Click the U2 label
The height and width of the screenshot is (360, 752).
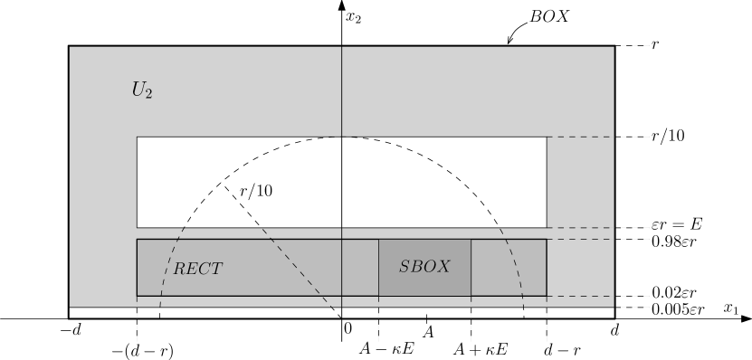point(142,90)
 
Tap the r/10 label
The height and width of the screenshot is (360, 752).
point(255,191)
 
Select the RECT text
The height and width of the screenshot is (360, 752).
point(197,269)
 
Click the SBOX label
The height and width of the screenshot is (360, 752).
point(424,267)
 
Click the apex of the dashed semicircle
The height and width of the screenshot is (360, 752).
point(342,137)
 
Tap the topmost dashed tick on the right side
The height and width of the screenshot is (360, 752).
point(635,45)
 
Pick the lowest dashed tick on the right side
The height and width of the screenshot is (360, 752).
point(635,307)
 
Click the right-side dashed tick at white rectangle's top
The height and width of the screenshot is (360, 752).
point(599,137)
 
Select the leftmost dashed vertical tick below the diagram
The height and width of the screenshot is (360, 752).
point(137,327)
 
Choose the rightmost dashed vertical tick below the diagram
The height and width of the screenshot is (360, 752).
point(547,327)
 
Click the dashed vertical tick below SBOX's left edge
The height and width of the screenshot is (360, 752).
point(378,327)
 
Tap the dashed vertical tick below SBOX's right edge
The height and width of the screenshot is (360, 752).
point(471,327)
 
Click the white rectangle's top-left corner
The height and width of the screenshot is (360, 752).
point(137,137)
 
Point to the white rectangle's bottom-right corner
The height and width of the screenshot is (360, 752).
point(547,227)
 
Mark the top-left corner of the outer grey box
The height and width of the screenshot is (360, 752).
point(70,47)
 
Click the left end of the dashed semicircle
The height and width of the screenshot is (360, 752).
point(160,307)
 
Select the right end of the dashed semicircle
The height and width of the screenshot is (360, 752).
point(523,307)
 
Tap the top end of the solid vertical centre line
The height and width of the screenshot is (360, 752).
point(342,47)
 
